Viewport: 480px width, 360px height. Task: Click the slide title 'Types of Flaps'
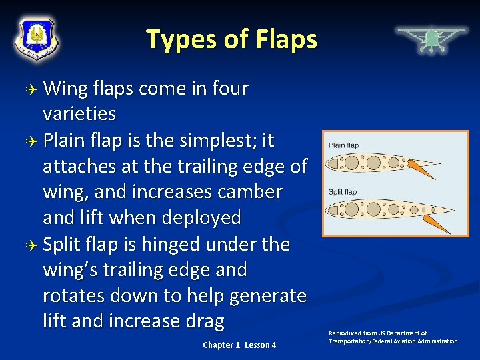click(x=231, y=39)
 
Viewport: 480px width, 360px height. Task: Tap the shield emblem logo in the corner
click(x=37, y=37)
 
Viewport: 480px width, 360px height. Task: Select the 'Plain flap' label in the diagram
click(x=343, y=145)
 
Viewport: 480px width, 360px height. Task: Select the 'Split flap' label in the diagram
click(x=342, y=192)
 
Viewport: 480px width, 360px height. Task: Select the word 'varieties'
click(x=79, y=114)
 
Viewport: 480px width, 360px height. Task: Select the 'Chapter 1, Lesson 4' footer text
click(x=239, y=345)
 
